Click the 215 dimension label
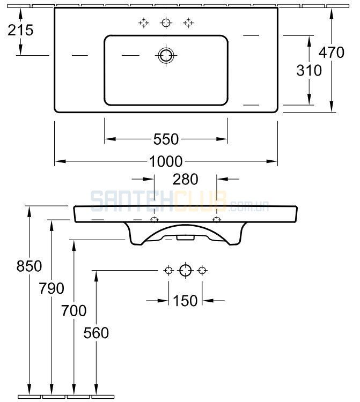click(20, 30)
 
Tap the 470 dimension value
click(331, 53)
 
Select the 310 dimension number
click(309, 70)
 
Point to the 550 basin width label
click(166, 139)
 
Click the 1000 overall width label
click(166, 161)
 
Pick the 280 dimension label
click(185, 179)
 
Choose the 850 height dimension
click(30, 266)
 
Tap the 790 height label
click(52, 288)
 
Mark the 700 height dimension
click(74, 310)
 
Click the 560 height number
click(96, 333)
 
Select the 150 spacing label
click(185, 301)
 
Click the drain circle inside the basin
click(166, 55)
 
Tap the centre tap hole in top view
click(166, 23)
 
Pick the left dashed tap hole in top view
click(144, 23)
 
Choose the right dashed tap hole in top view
click(188, 23)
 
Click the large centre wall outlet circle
click(185, 270)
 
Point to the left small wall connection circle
click(168, 270)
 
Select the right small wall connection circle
click(202, 270)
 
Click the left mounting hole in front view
click(154, 220)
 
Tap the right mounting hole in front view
click(217, 220)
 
